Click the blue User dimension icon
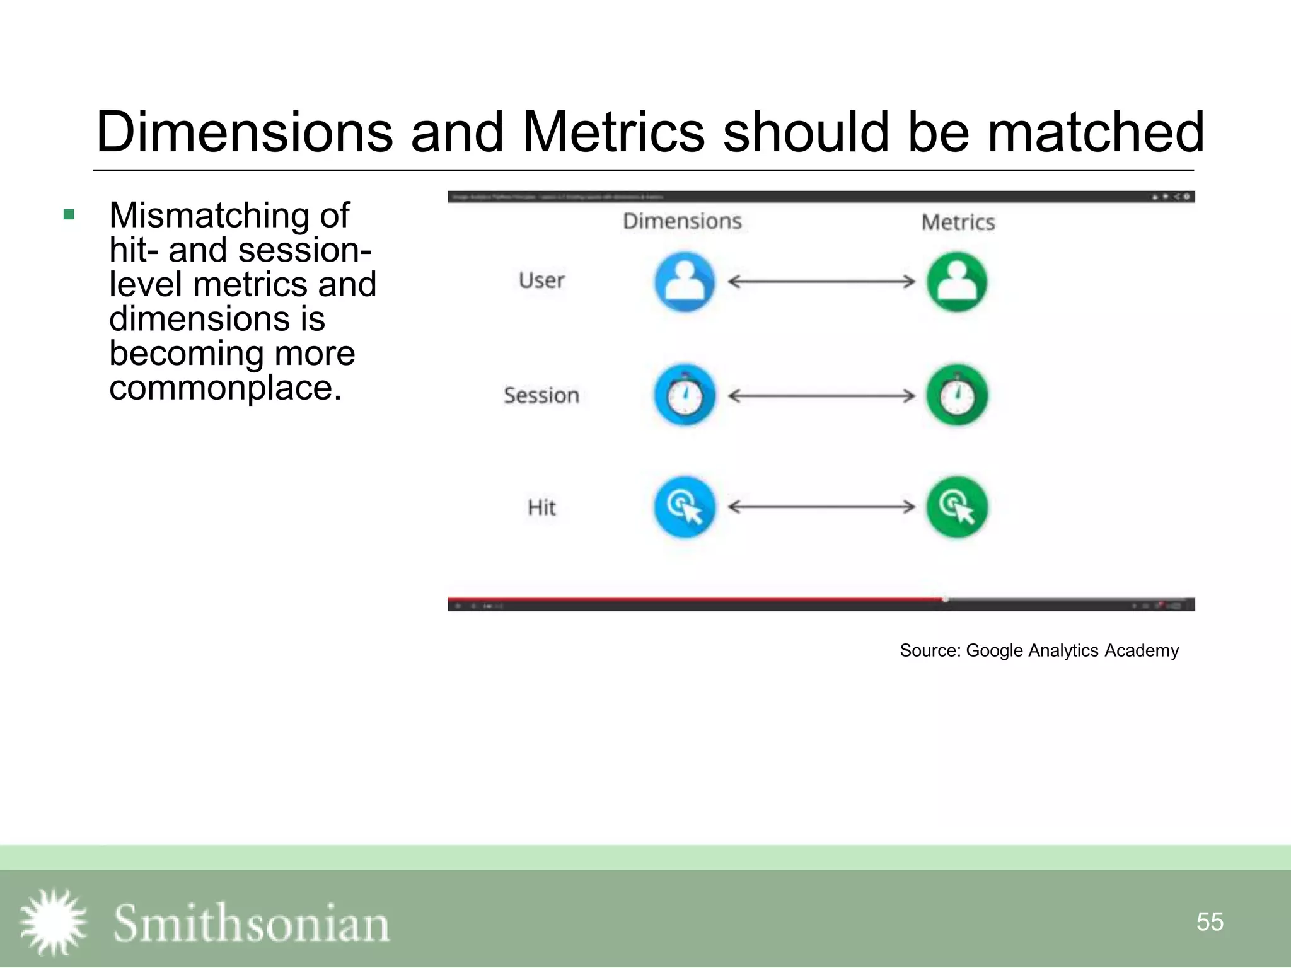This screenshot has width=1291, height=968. click(685, 282)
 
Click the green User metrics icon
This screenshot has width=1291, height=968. click(956, 282)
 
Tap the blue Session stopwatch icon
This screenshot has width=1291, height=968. click(685, 395)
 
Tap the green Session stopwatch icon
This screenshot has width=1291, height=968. click(956, 395)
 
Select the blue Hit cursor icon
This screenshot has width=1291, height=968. click(685, 507)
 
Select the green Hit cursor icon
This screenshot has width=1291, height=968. click(956, 507)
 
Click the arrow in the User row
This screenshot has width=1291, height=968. click(821, 282)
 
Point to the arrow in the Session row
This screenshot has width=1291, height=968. click(821, 396)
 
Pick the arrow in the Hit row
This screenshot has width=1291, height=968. click(821, 507)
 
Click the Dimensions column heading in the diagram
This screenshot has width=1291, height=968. click(682, 221)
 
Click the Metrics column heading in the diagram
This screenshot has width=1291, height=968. click(958, 222)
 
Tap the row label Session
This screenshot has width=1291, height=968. click(541, 396)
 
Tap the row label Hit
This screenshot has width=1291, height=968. click(541, 507)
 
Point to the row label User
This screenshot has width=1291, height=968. click(541, 280)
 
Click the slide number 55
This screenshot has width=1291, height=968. click(1209, 922)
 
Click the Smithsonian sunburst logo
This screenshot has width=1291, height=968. click(53, 922)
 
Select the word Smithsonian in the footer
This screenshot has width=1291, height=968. click(251, 923)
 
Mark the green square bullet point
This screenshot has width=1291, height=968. click(69, 215)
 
